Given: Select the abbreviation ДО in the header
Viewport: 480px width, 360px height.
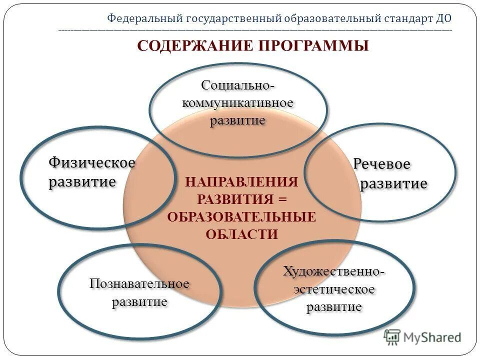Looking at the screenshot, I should click(443, 19).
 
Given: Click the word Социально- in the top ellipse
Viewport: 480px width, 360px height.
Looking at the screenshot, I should click(238, 85).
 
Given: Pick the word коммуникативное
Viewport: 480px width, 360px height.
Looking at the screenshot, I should click(237, 103).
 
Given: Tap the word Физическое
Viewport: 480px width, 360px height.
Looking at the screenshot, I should click(92, 162).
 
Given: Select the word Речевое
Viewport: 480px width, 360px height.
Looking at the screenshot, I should click(381, 164).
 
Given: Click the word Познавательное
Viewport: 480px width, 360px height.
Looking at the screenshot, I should click(139, 284).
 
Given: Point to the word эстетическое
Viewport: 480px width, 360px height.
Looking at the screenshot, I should click(334, 289).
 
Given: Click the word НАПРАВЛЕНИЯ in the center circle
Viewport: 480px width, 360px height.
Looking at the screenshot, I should click(241, 181).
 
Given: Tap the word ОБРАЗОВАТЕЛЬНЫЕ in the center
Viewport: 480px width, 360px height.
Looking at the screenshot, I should click(241, 216).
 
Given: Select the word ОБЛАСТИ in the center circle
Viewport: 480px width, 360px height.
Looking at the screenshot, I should click(241, 234).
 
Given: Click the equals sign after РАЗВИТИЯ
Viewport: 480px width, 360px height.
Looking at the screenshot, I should click(282, 199).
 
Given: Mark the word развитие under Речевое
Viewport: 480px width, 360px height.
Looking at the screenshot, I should click(394, 183).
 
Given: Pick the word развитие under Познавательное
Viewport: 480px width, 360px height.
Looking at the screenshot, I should click(139, 302).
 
